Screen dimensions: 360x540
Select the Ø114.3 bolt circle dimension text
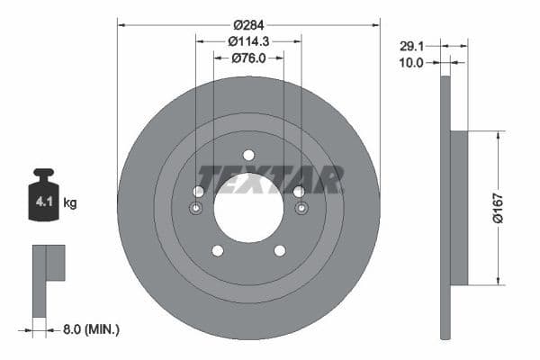[248, 41]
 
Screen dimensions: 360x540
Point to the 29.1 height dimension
[411, 44]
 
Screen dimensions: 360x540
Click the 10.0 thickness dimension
[413, 62]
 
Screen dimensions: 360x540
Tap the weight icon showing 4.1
[43, 198]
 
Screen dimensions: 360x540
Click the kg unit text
[70, 203]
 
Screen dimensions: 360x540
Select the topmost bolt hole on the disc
[248, 155]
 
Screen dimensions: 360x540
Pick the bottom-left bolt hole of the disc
[217, 250]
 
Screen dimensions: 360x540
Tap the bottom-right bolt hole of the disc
[280, 250]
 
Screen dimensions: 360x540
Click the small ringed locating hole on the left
[196, 209]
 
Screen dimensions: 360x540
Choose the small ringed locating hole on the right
[301, 209]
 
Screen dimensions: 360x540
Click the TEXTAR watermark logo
[270, 180]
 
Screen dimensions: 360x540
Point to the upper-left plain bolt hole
[198, 192]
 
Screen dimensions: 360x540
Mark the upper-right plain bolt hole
[299, 192]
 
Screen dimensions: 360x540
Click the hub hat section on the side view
[458, 208]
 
